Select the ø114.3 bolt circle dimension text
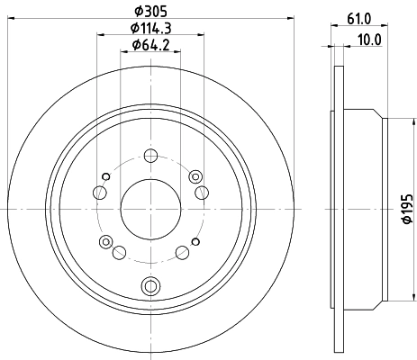pyautogui.click(x=150, y=29)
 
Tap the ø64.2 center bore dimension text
pyautogui.click(x=150, y=45)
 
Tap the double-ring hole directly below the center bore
pyautogui.click(x=150, y=286)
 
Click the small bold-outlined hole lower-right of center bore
pyautogui.click(x=183, y=251)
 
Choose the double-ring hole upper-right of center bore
pyautogui.click(x=199, y=190)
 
